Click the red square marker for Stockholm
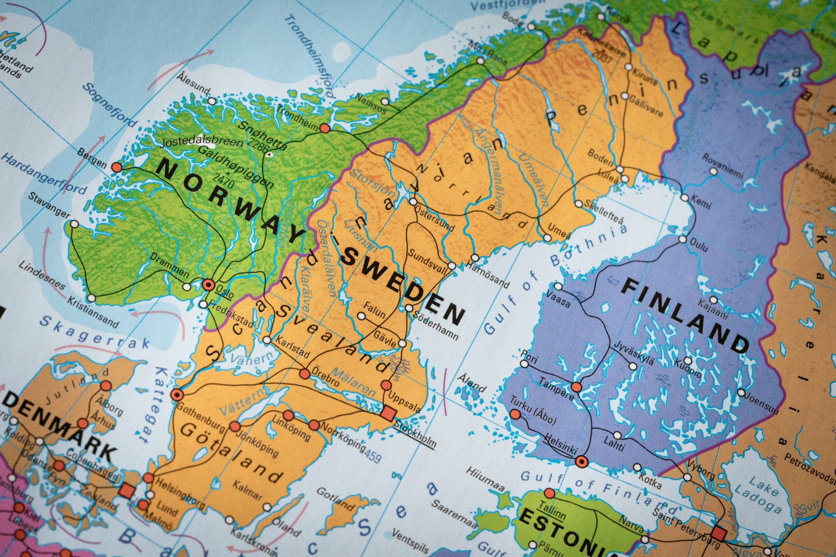(388, 413)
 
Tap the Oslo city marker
(208, 285)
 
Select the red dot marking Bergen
(117, 167)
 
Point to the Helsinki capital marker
(582, 461)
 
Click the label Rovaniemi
(723, 165)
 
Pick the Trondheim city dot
(324, 128)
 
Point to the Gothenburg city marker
(177, 394)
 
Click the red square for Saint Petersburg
(718, 534)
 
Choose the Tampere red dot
(576, 387)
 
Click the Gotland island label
(335, 499)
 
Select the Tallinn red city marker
(549, 493)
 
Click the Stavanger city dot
(74, 224)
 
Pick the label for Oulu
(699, 244)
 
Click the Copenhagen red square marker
(126, 490)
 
